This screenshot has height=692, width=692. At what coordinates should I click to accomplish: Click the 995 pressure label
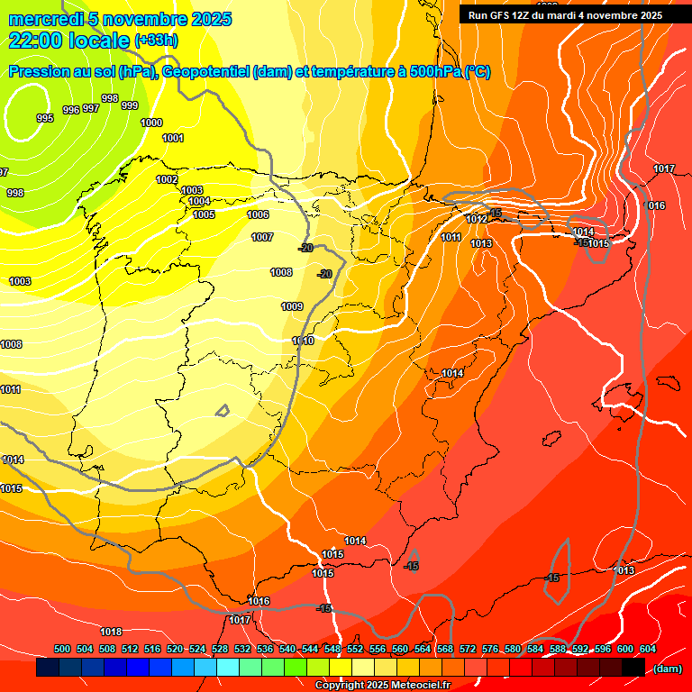point(44,119)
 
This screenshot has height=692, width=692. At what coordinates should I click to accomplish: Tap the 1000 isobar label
point(151,123)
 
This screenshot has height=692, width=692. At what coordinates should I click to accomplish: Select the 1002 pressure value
point(167,179)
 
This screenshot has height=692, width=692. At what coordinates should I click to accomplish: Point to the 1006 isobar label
point(258,214)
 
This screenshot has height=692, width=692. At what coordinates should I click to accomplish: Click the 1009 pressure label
point(292,306)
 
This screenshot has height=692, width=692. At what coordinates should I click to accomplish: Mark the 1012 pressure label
point(477,220)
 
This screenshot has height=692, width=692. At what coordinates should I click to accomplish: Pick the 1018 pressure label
point(111,632)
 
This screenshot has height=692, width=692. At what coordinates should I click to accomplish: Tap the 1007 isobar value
point(262,237)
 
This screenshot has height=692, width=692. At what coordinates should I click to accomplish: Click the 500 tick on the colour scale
point(62,649)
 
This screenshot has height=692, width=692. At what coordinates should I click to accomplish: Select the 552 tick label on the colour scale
point(355,649)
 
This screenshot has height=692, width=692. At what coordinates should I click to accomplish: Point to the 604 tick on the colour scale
point(648,649)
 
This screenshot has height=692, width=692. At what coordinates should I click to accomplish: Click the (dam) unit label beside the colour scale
point(668,668)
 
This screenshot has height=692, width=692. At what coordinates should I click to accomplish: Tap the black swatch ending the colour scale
point(633,668)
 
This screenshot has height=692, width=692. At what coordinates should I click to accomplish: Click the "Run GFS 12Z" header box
point(565,15)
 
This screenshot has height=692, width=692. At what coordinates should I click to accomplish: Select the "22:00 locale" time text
point(68,40)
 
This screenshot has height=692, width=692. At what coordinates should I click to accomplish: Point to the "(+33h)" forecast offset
point(156,41)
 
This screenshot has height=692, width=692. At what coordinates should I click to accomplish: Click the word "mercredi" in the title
point(45,19)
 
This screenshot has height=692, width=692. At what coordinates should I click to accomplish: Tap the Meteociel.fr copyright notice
point(382,686)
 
